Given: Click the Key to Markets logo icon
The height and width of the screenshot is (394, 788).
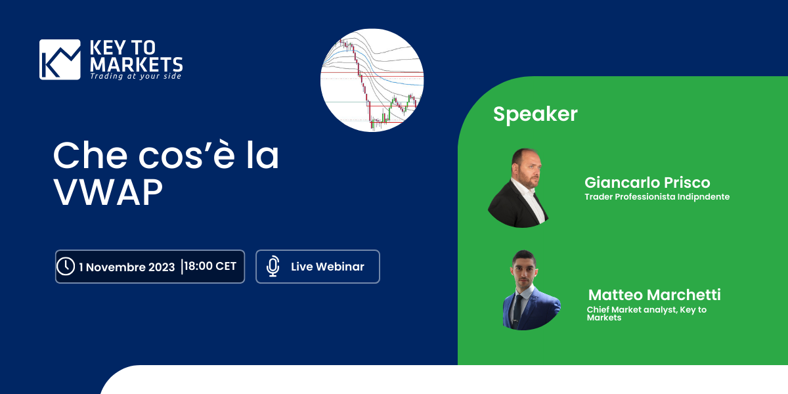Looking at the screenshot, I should pos(60,60).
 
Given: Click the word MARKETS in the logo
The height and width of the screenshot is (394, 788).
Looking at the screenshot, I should pos(136,64).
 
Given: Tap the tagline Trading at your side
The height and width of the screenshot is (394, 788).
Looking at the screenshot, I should pos(135,77).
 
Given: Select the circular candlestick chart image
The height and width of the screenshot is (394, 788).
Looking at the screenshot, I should pos(372,80).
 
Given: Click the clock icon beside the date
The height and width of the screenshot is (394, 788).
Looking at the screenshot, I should pos(66,267).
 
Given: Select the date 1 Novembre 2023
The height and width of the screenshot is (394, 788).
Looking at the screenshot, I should pos(127,267).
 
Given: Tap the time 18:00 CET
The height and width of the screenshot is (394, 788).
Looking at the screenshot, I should pos(210,267).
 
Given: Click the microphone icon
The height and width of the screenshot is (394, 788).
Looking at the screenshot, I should pos(273,267).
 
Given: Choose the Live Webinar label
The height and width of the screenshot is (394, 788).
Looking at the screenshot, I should pos(327,267).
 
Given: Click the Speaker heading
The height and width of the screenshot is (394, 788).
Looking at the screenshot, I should pos(535,114).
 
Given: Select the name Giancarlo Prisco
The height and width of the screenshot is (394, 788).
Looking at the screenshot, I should pos(647,183).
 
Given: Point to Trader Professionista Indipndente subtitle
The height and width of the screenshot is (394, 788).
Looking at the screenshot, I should pos(657,196).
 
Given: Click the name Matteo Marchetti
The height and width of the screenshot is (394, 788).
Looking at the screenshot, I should pos(654,295).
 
